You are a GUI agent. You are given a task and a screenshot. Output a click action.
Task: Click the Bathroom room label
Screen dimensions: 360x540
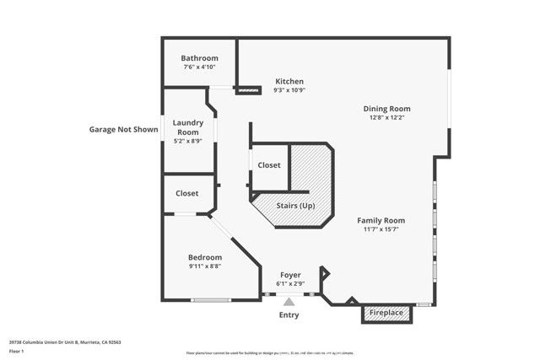click(199, 58)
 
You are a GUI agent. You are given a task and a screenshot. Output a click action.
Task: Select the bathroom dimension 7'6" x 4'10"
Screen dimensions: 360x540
click(199, 67)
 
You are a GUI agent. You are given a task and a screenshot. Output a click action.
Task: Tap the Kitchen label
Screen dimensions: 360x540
click(289, 82)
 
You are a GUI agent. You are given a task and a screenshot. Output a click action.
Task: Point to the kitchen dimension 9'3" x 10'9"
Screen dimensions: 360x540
click(289, 90)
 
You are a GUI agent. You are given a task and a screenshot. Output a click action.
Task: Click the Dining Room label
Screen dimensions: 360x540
click(386, 109)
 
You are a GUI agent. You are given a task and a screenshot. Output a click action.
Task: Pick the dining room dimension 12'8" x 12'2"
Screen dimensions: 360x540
click(386, 117)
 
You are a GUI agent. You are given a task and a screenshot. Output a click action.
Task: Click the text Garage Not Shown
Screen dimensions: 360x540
click(123, 130)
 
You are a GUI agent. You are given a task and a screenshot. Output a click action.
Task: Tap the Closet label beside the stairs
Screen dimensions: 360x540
click(269, 165)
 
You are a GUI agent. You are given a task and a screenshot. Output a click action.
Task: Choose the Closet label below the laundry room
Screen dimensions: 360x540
click(187, 193)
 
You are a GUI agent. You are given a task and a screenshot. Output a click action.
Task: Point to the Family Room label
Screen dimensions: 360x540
click(381, 220)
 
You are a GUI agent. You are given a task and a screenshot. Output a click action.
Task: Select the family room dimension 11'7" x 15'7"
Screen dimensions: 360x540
click(381, 228)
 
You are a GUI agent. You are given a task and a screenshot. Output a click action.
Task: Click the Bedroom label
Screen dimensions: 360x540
click(205, 257)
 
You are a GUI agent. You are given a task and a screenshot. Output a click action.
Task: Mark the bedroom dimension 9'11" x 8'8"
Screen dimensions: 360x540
click(205, 266)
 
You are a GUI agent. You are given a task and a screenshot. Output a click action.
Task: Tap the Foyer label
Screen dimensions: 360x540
click(290, 275)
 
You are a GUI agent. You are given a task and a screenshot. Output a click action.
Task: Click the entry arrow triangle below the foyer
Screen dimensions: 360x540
click(289, 301)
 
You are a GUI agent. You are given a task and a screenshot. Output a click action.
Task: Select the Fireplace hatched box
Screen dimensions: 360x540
click(387, 313)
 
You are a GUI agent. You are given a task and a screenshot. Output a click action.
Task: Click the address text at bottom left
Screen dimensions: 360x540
click(65, 343)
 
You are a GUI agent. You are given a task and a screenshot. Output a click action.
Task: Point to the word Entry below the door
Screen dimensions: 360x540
click(289, 315)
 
